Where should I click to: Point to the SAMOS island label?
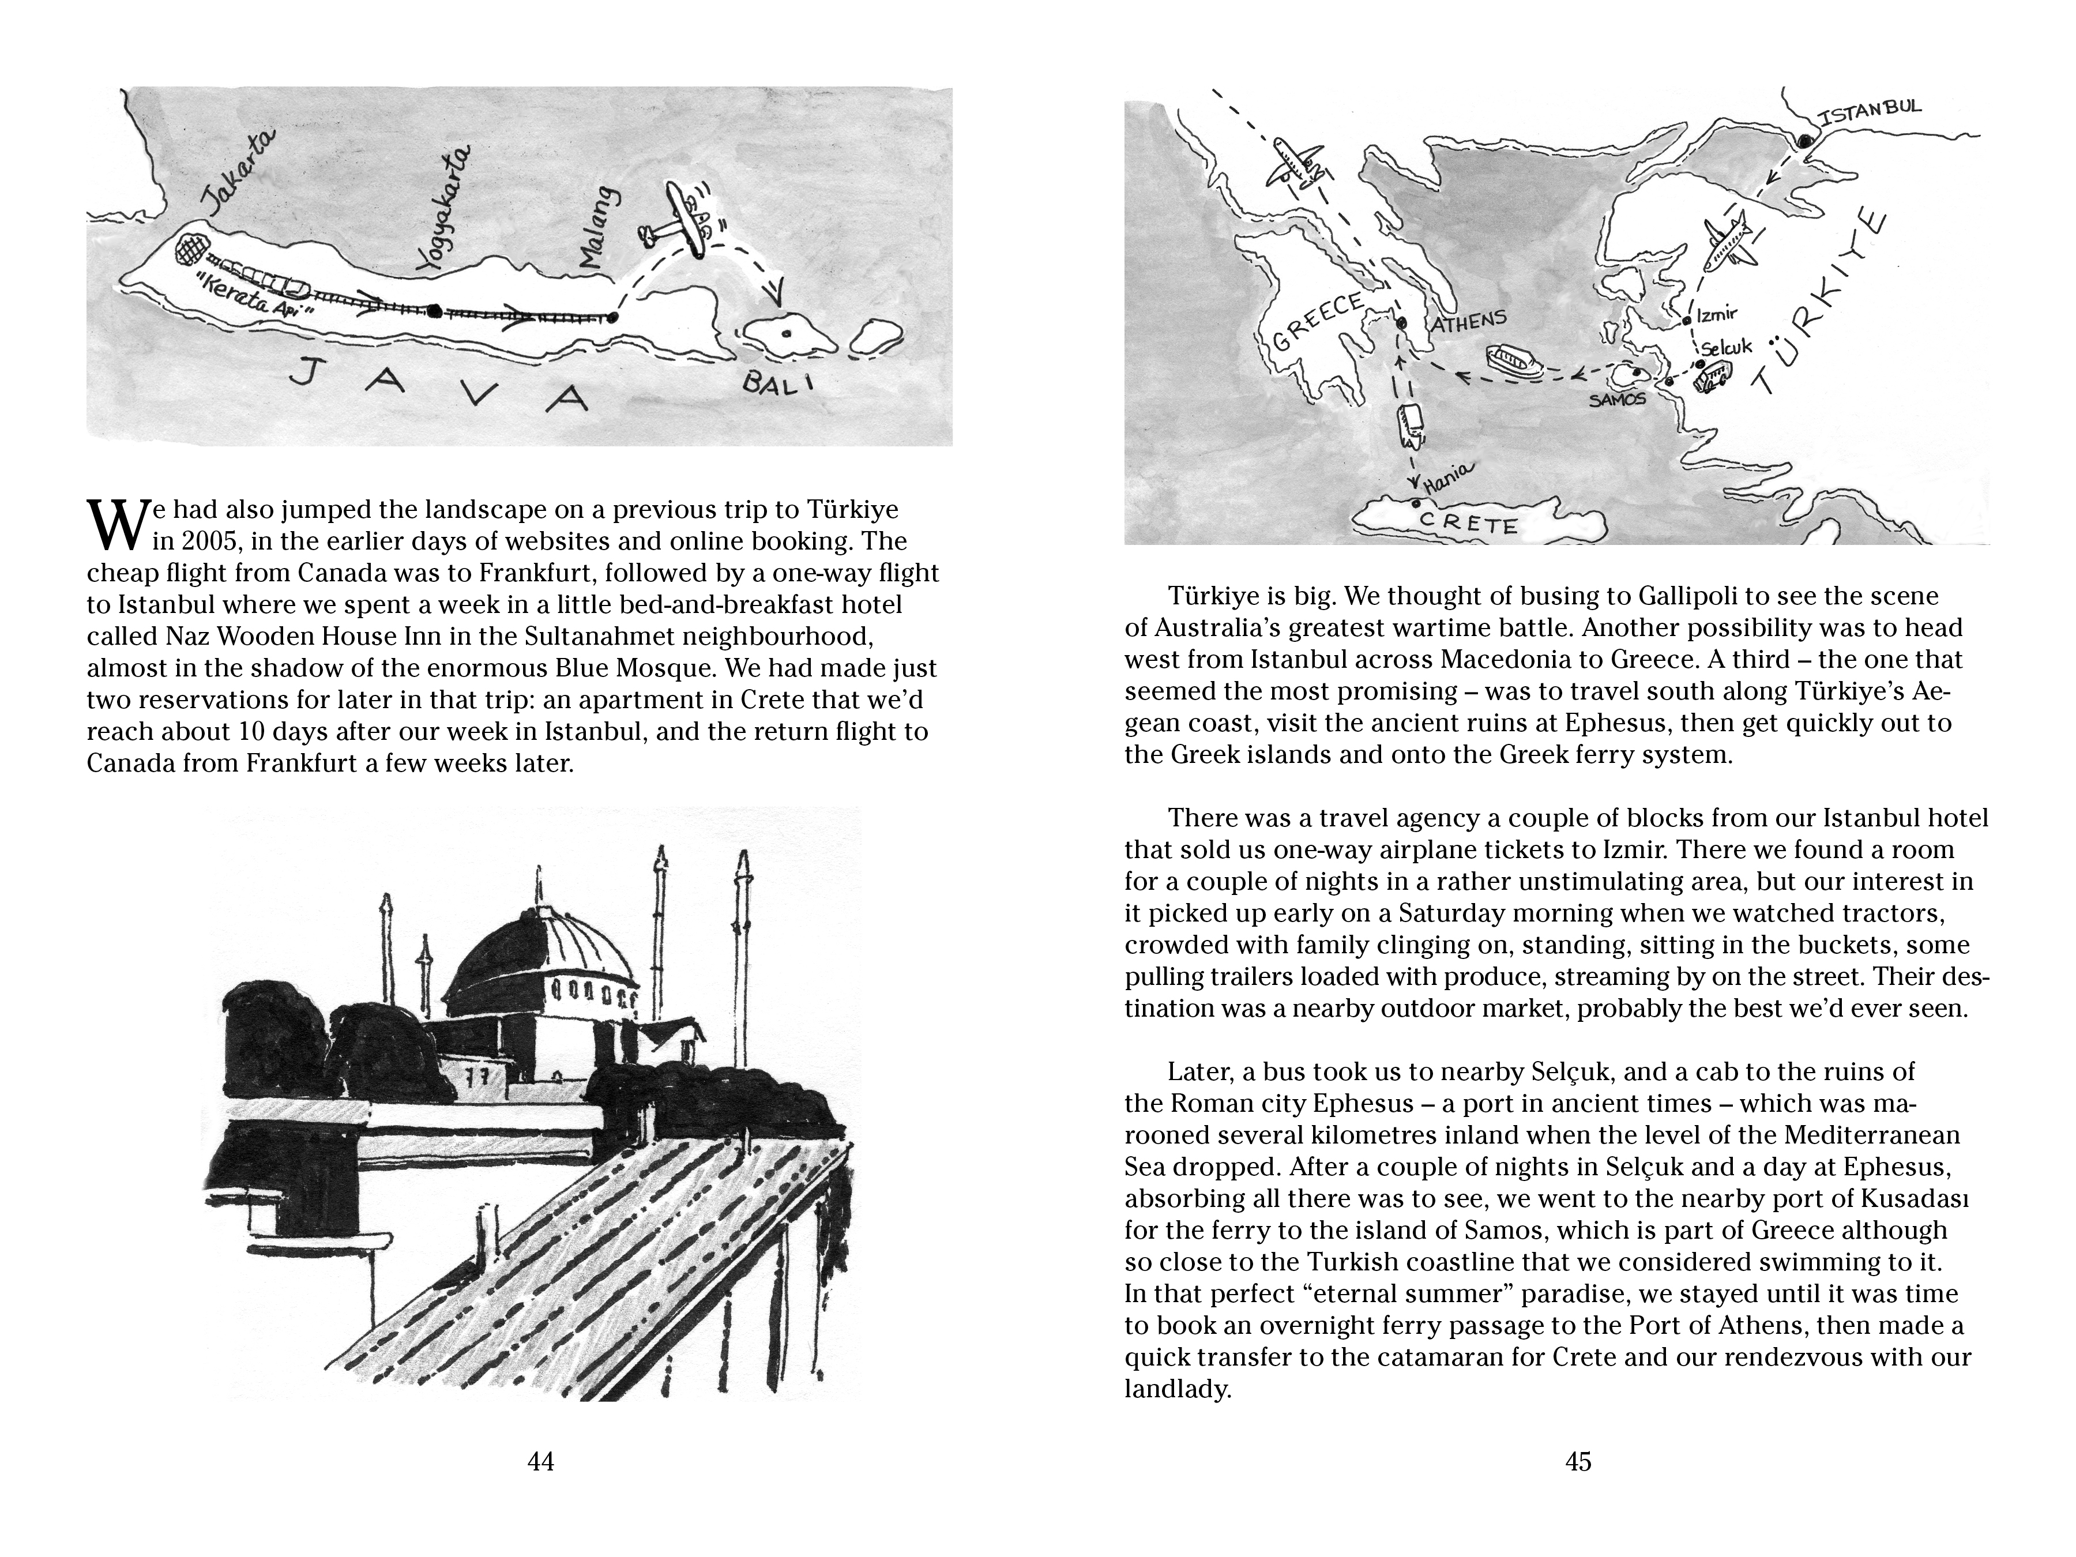[1617, 400]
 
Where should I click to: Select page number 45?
[1578, 1461]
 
